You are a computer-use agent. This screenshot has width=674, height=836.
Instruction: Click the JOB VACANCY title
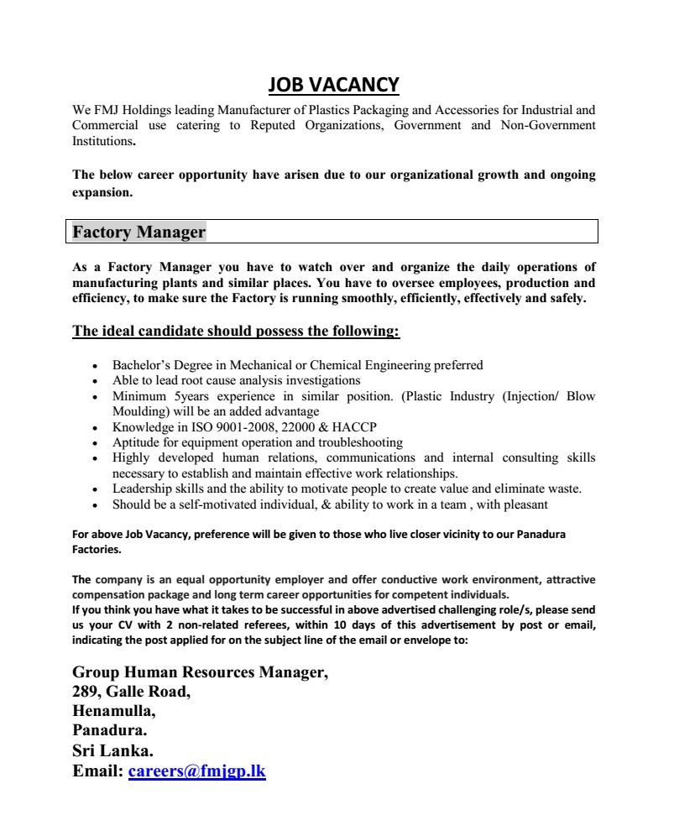334,85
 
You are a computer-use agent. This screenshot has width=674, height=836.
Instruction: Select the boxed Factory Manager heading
138,232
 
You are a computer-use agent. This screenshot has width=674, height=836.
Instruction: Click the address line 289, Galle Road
132,692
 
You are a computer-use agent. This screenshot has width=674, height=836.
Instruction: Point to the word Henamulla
114,711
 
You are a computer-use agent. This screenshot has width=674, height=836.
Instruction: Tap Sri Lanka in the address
112,750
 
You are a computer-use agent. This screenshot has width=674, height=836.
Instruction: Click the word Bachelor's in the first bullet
143,365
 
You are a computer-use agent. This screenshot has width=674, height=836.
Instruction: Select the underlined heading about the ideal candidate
236,331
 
